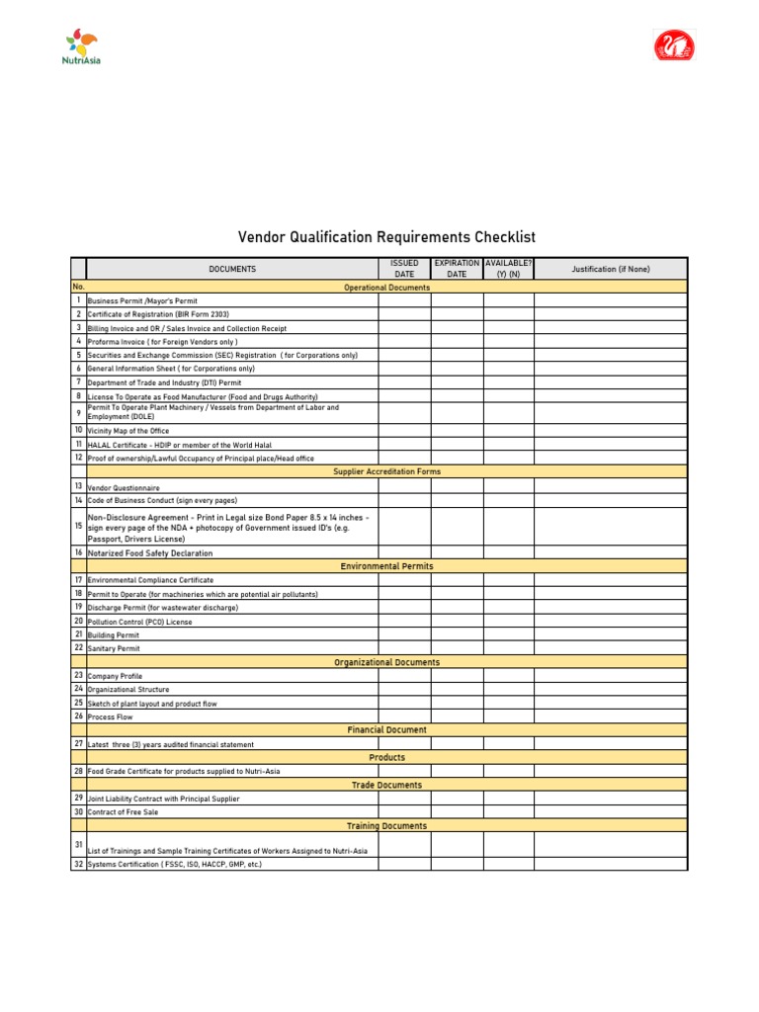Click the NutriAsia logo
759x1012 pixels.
82,45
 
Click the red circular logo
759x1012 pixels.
675,45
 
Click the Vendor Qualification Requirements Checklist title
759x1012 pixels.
386,237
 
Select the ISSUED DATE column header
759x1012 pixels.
404,268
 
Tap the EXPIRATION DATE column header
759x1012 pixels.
457,268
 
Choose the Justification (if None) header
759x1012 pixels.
610,268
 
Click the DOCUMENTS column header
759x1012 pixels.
231,269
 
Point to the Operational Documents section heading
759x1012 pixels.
386,287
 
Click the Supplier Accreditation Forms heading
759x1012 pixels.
386,471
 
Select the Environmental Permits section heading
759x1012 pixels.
386,566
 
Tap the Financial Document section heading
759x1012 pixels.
386,729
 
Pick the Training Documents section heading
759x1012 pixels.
386,825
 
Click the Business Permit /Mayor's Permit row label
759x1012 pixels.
142,300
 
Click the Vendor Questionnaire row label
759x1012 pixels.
124,488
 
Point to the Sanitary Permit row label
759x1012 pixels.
114,648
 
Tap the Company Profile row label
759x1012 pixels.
115,676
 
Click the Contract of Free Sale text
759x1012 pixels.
123,811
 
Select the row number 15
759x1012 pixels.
78,526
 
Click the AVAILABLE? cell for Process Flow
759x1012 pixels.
508,716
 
